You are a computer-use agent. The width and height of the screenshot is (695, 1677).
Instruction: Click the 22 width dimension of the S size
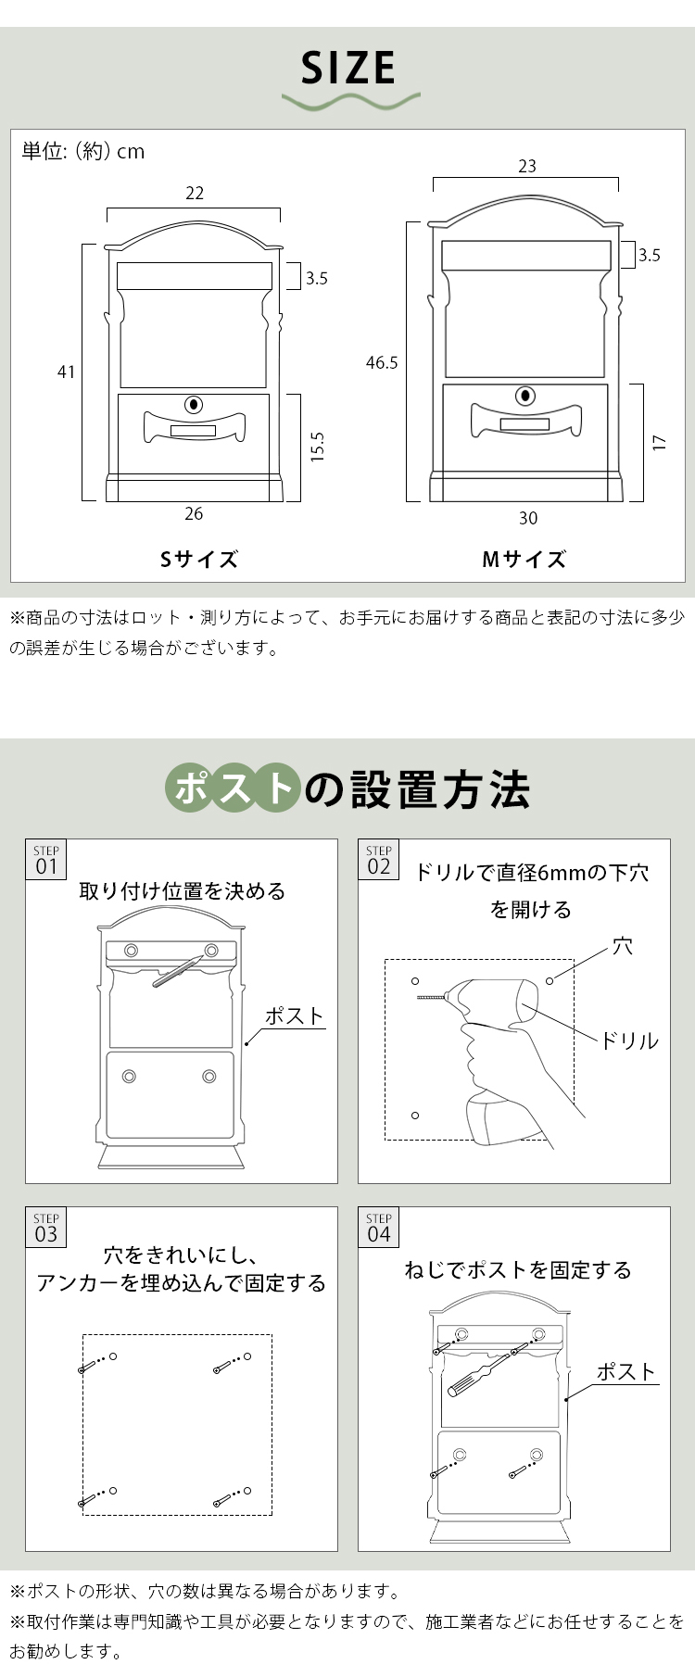point(194,193)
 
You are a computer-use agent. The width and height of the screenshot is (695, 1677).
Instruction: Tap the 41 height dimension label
point(66,372)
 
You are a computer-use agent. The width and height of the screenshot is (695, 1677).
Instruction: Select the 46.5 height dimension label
point(382,362)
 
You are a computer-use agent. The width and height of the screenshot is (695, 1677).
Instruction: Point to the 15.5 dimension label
point(317,447)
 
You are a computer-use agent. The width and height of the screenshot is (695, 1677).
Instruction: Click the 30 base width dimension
point(527,518)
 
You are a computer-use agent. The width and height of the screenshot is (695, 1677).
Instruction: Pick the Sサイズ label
point(199,559)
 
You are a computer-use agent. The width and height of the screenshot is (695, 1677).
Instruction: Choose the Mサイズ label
point(524,559)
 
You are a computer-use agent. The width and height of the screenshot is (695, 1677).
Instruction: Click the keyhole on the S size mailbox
point(194,404)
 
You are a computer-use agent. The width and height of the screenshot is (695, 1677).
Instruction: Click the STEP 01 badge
point(46,861)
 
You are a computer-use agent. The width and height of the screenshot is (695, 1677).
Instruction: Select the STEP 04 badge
point(379,1228)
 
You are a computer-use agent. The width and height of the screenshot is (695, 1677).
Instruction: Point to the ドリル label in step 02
point(629,1040)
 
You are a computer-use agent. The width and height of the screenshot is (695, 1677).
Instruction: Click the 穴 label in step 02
point(624,946)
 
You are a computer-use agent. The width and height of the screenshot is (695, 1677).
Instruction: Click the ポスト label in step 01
point(295,1015)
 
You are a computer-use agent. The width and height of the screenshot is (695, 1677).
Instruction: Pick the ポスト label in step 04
point(625,1371)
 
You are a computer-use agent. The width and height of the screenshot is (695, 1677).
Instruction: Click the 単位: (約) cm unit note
point(83,151)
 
